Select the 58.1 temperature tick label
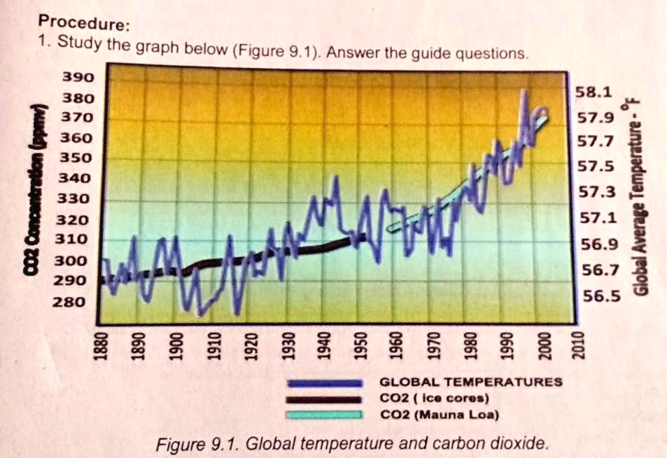pyautogui.click(x=594, y=92)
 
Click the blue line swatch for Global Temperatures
pyautogui.click(x=323, y=382)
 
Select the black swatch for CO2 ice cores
pyautogui.click(x=323, y=399)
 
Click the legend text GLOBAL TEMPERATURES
pyautogui.click(x=470, y=382)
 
